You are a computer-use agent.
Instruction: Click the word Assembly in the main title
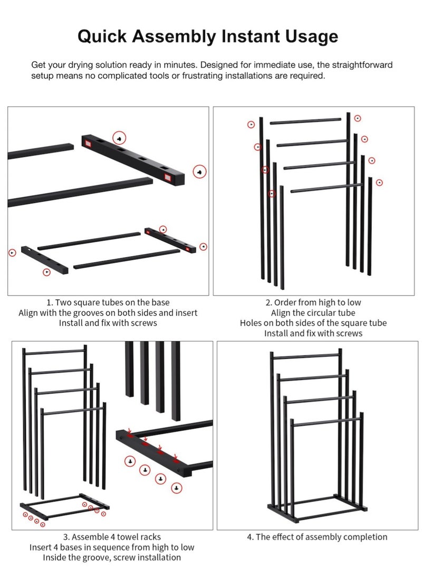tap(174, 37)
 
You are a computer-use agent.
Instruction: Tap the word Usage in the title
tap(312, 37)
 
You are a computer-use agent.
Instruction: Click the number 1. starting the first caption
tap(50, 303)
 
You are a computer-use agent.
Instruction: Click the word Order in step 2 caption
tap(285, 303)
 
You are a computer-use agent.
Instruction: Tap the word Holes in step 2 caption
tap(251, 323)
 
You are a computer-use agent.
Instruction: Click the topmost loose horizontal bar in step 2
tap(305, 121)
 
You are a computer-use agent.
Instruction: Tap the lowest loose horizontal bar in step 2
tap(326, 188)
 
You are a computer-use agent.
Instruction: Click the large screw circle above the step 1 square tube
tap(119, 138)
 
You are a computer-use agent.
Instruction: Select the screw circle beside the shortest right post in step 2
tap(379, 183)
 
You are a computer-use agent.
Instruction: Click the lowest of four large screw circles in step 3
tap(177, 488)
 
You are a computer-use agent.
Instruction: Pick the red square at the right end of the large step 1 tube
tap(168, 177)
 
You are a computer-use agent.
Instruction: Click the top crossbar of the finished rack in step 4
tap(306, 356)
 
